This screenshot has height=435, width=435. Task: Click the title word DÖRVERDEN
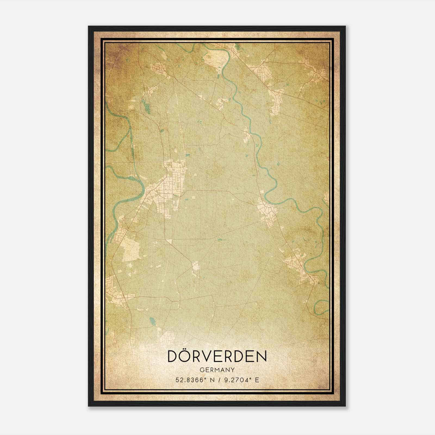tap(217, 356)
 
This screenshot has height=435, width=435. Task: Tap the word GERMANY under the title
tap(217, 370)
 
